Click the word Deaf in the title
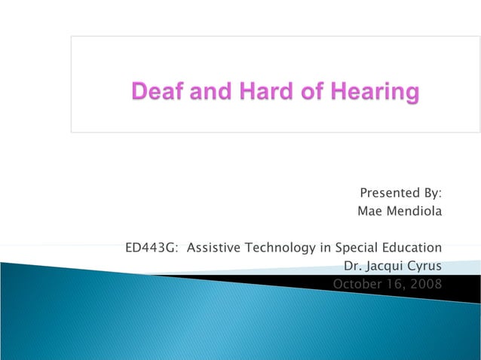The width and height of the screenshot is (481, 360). [x=156, y=93]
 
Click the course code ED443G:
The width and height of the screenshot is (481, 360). [x=153, y=248]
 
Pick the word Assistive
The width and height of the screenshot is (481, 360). [x=214, y=248]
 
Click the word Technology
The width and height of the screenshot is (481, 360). [x=280, y=248]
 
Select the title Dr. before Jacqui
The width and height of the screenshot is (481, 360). [x=352, y=266]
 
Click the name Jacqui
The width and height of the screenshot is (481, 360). [x=385, y=266]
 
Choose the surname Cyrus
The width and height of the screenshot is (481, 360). [x=425, y=266]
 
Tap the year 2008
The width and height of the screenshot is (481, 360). [x=426, y=284]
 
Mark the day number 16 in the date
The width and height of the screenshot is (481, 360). [x=395, y=284]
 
